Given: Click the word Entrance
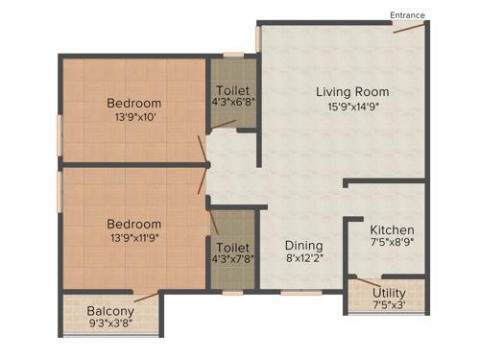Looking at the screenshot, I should pos(407,14).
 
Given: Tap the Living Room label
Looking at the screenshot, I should pos(353,92).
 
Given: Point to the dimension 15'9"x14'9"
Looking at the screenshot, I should pos(353,108).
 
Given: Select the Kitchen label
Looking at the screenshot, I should pos(392,230).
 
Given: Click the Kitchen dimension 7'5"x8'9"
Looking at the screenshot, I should pos(392,245).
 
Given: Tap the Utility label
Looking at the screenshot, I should pos(389,293).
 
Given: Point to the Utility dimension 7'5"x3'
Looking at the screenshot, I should pos(389,305).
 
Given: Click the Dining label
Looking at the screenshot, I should pos(303,246).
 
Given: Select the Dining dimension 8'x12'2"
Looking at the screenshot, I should pos(303,259).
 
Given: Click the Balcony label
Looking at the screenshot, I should pos(110,312).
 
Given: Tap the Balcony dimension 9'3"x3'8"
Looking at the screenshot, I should pos(110,324).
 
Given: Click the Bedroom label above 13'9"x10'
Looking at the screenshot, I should pos(133,104).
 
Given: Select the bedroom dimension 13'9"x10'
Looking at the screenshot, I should pos(133,118).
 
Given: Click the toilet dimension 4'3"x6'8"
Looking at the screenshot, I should pos(232,103).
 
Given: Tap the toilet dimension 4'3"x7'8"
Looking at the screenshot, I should pos(232,260).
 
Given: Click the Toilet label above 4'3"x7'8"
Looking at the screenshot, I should pos(232,247).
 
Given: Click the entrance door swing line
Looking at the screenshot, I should pos(409,27).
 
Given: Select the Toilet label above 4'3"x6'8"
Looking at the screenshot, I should pos(232,89).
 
